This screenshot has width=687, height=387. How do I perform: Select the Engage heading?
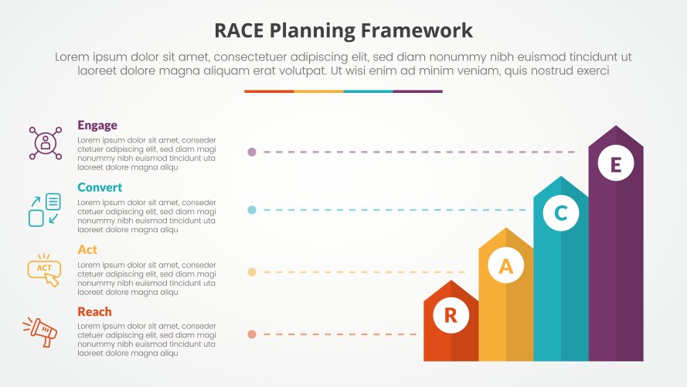pyautogui.click(x=97, y=125)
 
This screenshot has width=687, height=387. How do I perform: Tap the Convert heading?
pyautogui.click(x=100, y=187)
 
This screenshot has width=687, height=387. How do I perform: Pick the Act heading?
pyautogui.click(x=87, y=249)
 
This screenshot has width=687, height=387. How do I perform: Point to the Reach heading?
pyautogui.click(x=94, y=312)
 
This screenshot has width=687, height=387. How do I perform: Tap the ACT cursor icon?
pyautogui.click(x=44, y=269)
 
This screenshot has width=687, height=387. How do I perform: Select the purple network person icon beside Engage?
pyautogui.click(x=45, y=143)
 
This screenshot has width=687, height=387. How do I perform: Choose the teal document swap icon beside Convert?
pyautogui.click(x=44, y=210)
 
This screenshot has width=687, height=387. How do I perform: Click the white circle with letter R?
pyautogui.click(x=451, y=315)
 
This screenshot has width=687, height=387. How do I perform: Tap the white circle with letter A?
pyautogui.click(x=505, y=266)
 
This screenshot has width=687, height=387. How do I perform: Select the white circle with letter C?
pyautogui.click(x=561, y=214)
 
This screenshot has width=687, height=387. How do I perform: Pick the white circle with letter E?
pyautogui.click(x=615, y=164)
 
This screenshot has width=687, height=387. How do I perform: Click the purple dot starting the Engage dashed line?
pyautogui.click(x=252, y=152)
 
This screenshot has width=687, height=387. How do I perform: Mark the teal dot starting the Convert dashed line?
pyautogui.click(x=252, y=210)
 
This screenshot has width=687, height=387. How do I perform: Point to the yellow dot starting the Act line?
pyautogui.click(x=252, y=272)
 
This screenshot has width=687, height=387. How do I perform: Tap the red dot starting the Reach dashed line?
pyautogui.click(x=252, y=334)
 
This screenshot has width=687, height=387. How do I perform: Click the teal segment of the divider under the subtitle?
pyautogui.click(x=368, y=91)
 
